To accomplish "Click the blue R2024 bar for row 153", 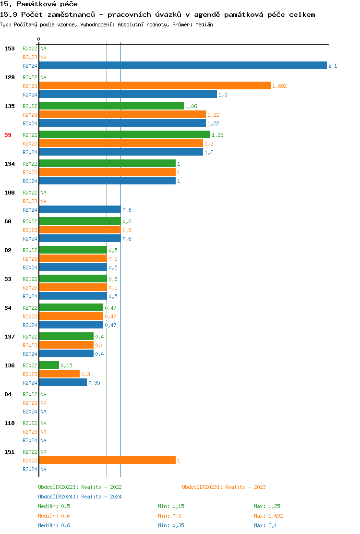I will coord(182,66).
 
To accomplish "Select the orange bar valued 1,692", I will coord(155,86).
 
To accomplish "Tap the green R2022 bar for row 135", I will coord(111,106).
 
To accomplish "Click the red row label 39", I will coord(8,135).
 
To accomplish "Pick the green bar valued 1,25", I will coord(124,135).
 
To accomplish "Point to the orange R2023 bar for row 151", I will coord(107,461).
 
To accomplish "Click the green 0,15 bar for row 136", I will coord(49,365).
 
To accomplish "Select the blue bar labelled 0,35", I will coord(63,383).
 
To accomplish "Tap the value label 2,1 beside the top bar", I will coord(333,66).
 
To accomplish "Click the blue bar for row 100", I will coord(80,210).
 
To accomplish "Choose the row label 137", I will coord(10,337).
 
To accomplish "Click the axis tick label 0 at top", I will coord(39,39).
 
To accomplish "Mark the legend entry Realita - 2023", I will coord(224,487).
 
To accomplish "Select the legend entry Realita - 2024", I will coord(80,497).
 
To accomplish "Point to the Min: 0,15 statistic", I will coord(171,506).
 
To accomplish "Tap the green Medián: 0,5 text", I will coord(54,506).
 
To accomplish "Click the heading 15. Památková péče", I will coord(39,4).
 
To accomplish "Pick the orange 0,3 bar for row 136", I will coord(59,374).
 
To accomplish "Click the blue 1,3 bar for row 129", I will coord(128,95).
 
